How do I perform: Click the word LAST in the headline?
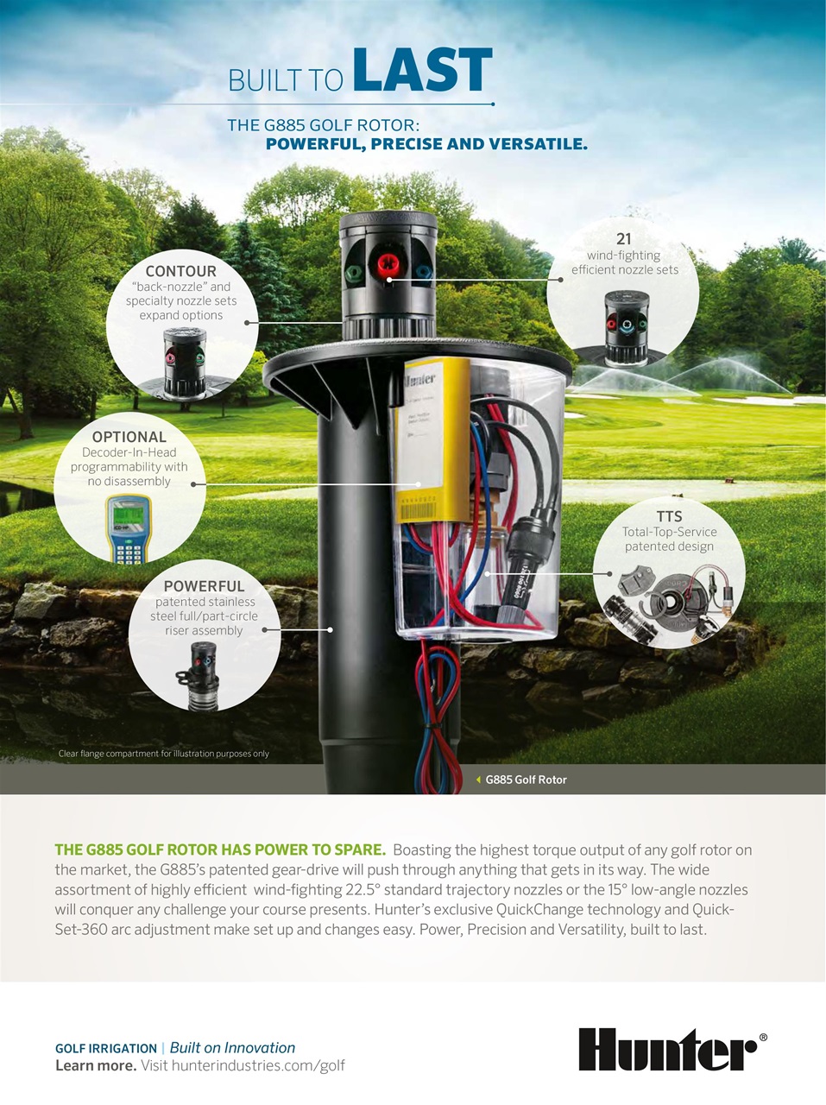(x=422, y=72)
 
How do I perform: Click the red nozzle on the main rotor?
(x=384, y=264)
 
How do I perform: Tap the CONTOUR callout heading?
(x=181, y=271)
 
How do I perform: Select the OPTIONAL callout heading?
(x=129, y=437)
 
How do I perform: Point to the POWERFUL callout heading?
(x=204, y=586)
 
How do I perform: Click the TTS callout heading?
(x=669, y=516)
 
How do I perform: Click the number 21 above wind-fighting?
(x=624, y=239)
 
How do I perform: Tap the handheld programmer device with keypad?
(x=128, y=528)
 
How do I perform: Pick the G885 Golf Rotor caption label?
(x=526, y=780)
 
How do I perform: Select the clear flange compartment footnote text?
(x=163, y=754)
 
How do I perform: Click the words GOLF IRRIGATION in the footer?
(x=106, y=1049)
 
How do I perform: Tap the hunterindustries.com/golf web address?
(x=258, y=1065)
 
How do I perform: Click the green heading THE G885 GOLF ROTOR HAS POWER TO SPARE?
(x=220, y=849)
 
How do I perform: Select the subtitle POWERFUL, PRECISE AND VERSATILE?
(x=426, y=144)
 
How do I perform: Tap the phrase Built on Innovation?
(x=232, y=1048)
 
